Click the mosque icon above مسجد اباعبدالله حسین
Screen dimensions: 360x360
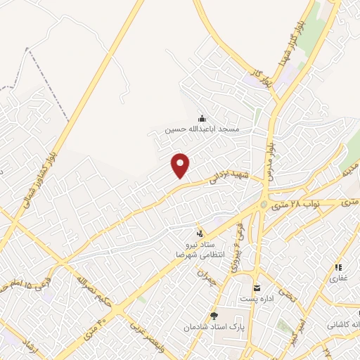(x=202, y=118)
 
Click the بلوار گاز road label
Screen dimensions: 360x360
(x=259, y=72)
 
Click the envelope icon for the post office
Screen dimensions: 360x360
(x=256, y=287)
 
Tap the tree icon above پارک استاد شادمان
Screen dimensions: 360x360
(x=214, y=316)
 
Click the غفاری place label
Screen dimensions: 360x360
(x=338, y=279)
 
